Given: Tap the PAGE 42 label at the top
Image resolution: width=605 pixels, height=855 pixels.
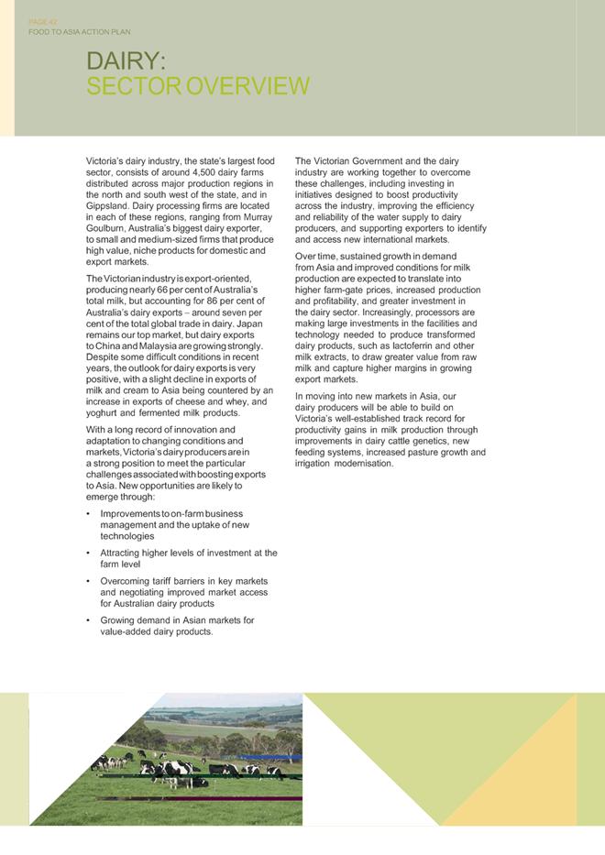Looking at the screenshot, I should (x=43, y=21).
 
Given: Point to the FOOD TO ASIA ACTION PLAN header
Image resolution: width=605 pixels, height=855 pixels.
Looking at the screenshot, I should (x=80, y=32).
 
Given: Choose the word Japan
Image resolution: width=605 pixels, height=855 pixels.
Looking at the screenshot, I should (x=248, y=323).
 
